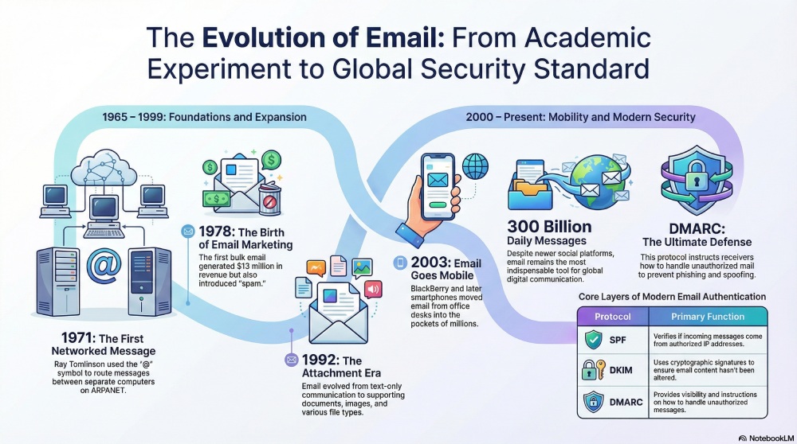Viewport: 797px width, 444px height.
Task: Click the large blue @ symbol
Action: click(104, 265)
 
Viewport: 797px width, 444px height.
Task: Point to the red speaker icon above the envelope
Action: click(371, 288)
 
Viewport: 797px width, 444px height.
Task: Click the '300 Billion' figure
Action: click(549, 226)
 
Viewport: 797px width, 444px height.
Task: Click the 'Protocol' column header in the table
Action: click(613, 317)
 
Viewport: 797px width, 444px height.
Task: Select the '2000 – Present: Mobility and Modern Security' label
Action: click(580, 117)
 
